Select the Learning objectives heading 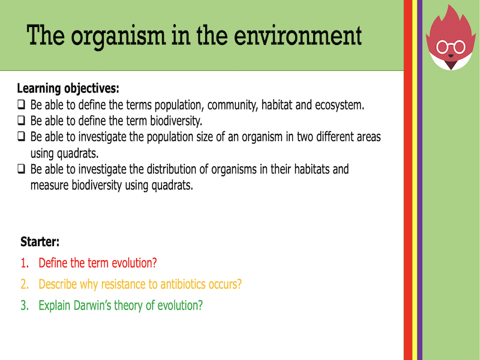[68, 89]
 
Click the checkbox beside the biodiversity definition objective [21, 120]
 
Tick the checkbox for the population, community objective [21, 105]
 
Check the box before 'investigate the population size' [21, 136]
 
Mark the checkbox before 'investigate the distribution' [21, 169]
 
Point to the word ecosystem [338, 105]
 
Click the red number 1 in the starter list [25, 263]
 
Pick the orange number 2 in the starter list [25, 284]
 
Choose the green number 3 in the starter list [25, 305]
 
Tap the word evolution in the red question [131, 263]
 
